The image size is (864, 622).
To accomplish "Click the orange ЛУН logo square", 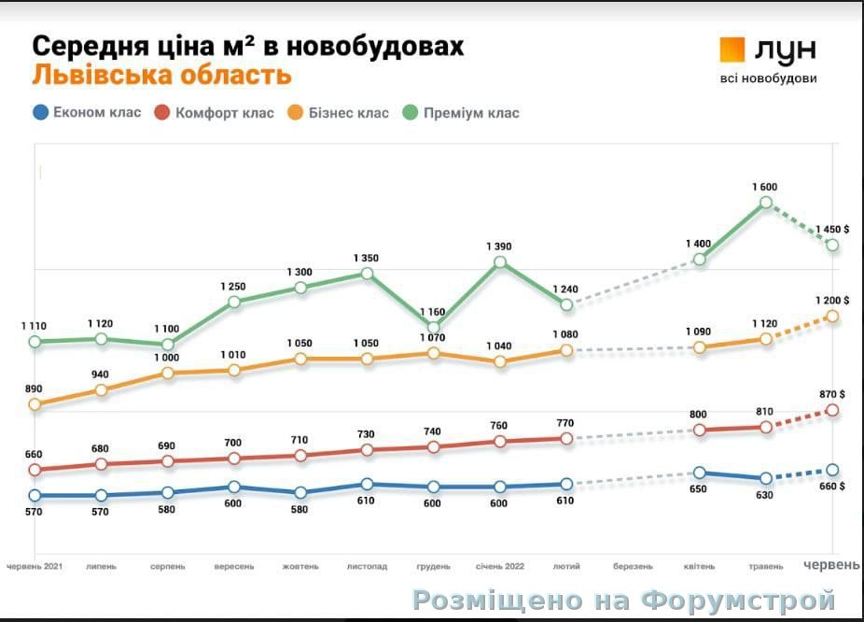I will coord(732,49).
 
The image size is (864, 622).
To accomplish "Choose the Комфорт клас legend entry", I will coord(214,113).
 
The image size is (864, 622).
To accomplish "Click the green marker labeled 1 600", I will coord(765,202).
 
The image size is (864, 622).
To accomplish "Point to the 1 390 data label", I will coord(499,247).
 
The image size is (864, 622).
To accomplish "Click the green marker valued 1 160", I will coord(433,327).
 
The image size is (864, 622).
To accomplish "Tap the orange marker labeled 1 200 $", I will coord(832,317).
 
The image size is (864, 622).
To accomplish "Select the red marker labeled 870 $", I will coord(832,410).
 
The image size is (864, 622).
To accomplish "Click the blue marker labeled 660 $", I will coord(832,470).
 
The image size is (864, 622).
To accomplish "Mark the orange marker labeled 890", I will coord(35,404).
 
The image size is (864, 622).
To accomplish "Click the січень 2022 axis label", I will coord(499,566).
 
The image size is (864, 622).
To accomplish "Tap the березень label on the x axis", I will coord(633,566).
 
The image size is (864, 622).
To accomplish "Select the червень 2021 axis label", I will coord(35,566).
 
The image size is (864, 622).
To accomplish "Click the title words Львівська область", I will coord(161,75).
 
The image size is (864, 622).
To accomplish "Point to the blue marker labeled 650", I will coord(699,474).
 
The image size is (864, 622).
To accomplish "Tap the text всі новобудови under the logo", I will coord(768,78).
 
